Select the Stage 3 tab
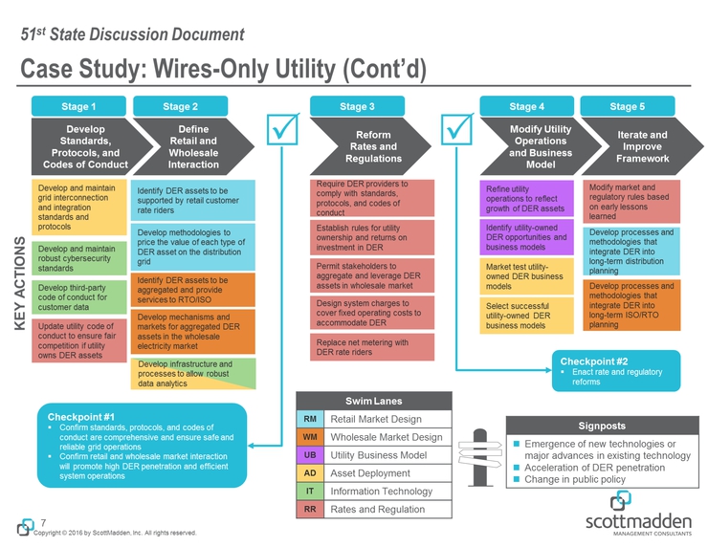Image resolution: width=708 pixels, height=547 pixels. pos(357,105)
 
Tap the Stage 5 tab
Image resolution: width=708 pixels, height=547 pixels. pos(627,105)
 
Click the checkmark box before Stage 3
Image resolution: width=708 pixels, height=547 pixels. pos(284,133)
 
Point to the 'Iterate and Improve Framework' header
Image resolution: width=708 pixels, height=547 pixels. pos(639,146)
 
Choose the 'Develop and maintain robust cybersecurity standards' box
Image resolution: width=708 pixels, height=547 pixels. pos(77,258)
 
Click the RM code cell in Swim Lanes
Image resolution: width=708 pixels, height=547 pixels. pos(310,419)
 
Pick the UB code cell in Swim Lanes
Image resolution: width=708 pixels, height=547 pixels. pos(310,455)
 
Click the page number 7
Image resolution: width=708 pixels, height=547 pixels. pos(44,522)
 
